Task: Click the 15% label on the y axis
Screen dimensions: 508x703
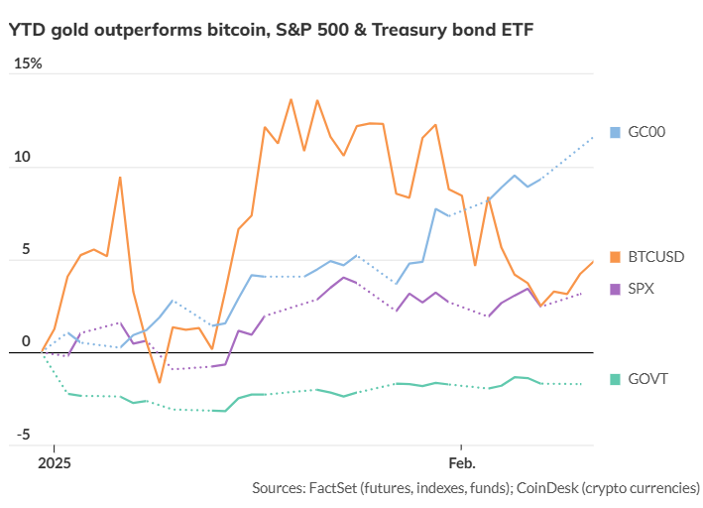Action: pyautogui.click(x=28, y=63)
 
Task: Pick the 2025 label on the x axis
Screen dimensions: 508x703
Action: pyautogui.click(x=55, y=463)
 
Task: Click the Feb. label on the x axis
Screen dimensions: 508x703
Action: pyautogui.click(x=461, y=463)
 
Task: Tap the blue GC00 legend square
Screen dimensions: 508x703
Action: pyautogui.click(x=615, y=132)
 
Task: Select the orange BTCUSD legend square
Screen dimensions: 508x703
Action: pyautogui.click(x=615, y=257)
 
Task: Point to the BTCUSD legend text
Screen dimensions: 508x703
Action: pyautogui.click(x=655, y=257)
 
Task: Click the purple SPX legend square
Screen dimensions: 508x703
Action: pyautogui.click(x=615, y=289)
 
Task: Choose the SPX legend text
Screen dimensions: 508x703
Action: pyautogui.click(x=641, y=289)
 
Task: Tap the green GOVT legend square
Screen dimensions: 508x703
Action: pyautogui.click(x=615, y=379)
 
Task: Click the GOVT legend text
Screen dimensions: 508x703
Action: pyautogui.click(x=646, y=379)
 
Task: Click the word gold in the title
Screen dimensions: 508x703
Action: pyautogui.click(x=72, y=30)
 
